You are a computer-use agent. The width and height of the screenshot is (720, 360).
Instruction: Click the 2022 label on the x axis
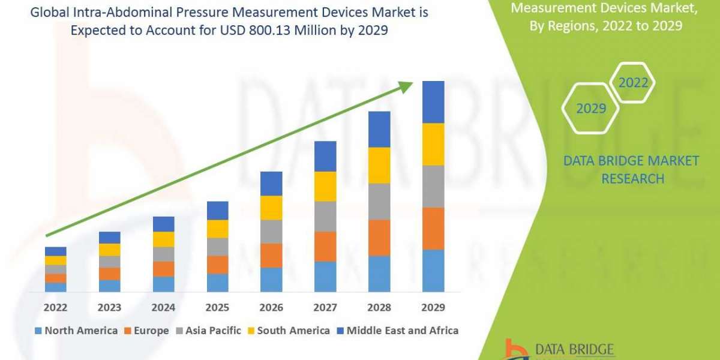55,308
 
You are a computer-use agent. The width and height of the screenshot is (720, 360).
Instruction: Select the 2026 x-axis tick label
271,308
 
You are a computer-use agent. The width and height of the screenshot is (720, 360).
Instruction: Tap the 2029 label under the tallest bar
433,308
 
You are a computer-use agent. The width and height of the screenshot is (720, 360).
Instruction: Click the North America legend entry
76,331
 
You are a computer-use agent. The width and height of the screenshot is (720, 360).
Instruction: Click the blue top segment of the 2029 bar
433,102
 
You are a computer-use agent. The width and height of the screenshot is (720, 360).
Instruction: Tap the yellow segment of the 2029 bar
433,144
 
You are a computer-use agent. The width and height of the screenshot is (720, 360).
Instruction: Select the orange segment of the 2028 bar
379,238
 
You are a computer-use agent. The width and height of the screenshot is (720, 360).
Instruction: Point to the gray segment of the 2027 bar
325,216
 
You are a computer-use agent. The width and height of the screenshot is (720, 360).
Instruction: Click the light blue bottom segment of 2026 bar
271,280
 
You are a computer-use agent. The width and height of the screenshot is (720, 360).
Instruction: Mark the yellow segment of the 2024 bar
163,239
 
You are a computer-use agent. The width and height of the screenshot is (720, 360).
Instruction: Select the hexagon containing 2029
590,109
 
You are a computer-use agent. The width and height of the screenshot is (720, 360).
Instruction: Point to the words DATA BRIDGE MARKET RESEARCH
632,169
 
